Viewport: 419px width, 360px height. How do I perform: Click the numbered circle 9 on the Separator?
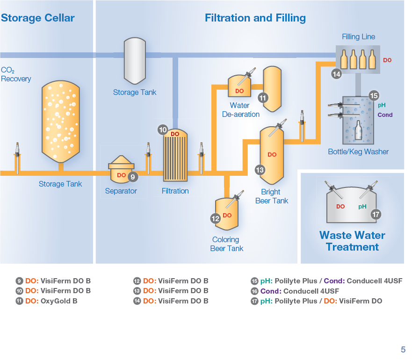tap(132, 177)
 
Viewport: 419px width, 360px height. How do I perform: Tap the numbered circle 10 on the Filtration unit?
tap(163, 130)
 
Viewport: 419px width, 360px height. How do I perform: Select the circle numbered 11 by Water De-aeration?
tap(263, 98)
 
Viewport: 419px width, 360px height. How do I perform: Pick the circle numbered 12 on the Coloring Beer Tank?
tap(216, 218)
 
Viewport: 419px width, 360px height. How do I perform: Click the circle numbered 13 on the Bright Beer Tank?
tap(260, 170)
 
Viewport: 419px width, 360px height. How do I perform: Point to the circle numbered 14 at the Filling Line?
tap(336, 73)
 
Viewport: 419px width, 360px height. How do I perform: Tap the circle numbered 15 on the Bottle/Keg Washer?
tap(374, 95)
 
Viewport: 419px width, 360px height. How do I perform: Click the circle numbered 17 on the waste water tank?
tap(376, 214)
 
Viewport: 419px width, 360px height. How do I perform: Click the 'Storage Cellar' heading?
tap(37, 18)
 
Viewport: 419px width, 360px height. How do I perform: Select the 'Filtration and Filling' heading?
tap(255, 18)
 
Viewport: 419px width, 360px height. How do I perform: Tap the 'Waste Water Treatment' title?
tap(352, 241)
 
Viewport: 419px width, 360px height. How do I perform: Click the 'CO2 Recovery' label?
tap(16, 74)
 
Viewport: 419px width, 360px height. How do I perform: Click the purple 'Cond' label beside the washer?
tap(385, 115)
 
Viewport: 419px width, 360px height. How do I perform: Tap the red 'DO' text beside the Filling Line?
tap(387, 60)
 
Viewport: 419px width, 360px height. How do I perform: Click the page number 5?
tap(403, 349)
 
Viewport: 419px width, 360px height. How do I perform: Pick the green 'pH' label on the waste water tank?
tap(362, 206)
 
